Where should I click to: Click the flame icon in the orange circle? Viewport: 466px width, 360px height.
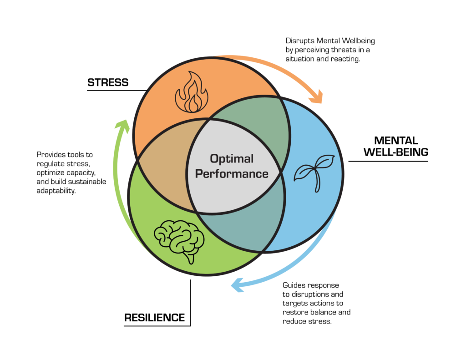[192, 92]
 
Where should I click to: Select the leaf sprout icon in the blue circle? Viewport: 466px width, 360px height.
[314, 173]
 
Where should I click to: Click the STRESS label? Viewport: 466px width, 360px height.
[108, 82]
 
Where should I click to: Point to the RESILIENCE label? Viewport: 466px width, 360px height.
[155, 318]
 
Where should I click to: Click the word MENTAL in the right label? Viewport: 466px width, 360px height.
[396, 140]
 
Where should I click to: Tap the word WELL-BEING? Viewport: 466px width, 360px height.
[396, 152]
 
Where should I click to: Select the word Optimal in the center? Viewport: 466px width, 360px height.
[232, 159]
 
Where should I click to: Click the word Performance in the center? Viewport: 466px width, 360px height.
[232, 174]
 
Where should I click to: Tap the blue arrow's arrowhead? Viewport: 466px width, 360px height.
[238, 285]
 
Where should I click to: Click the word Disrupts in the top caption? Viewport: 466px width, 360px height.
[299, 41]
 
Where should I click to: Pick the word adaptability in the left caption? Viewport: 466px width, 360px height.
[56, 191]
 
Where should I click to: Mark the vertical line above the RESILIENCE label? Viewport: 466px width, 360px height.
[190, 303]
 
